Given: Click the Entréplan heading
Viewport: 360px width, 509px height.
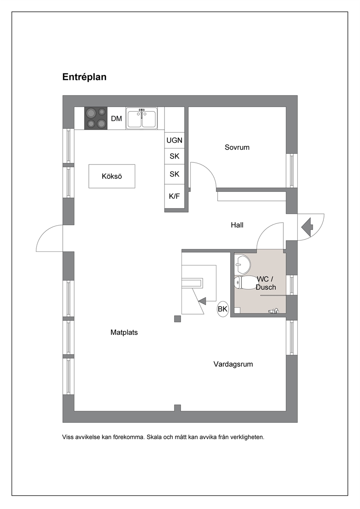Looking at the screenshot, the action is (x=84, y=77).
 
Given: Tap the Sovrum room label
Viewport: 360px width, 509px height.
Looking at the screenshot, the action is (x=237, y=147).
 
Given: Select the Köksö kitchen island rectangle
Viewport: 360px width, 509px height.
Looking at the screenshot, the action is (x=112, y=176).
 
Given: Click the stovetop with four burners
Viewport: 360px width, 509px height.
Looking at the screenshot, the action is (x=96, y=118).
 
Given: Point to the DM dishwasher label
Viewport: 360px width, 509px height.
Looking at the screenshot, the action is (x=116, y=119).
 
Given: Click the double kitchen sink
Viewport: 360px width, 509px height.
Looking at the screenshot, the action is (x=142, y=118).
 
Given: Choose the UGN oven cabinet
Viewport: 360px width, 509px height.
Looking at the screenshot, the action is (x=174, y=140).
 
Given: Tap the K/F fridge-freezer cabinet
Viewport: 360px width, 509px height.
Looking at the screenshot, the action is (x=174, y=196).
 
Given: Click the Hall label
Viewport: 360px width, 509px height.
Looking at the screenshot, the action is (x=237, y=225).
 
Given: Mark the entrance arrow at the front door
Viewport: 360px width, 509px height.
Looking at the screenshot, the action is (x=307, y=227).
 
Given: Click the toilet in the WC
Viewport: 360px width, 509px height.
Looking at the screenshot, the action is (x=245, y=283).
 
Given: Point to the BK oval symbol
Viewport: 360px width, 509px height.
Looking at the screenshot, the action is (x=222, y=309).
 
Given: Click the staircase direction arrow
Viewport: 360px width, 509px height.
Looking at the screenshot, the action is (x=202, y=301).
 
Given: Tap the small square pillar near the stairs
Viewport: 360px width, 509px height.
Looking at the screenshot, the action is (x=177, y=319).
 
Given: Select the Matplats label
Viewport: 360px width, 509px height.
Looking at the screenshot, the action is (x=124, y=332).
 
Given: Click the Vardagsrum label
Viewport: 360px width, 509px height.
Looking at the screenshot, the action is (x=233, y=364).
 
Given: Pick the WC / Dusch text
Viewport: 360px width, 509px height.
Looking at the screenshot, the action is (x=266, y=283).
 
